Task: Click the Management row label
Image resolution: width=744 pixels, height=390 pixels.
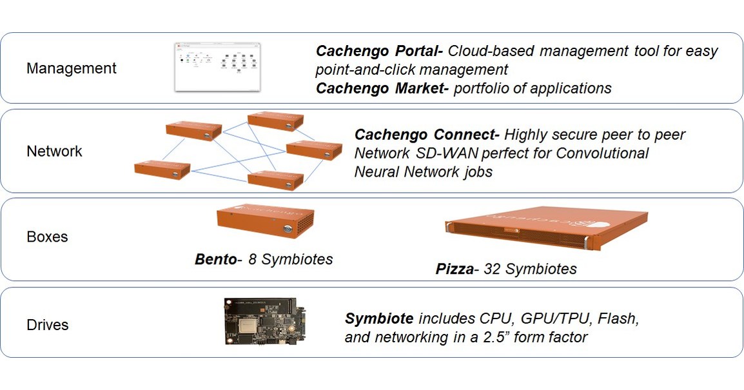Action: tap(71, 68)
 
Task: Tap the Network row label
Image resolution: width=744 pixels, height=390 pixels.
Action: tap(54, 151)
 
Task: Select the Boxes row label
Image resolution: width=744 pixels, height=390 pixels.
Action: tap(47, 237)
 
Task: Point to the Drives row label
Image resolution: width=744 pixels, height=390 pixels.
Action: tap(47, 324)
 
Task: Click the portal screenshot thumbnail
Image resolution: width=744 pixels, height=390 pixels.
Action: tap(218, 66)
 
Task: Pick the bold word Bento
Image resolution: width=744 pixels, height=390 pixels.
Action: tap(215, 260)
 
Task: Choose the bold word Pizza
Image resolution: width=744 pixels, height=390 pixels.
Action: tap(455, 269)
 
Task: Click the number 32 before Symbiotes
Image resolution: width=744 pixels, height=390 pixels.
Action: tap(493, 269)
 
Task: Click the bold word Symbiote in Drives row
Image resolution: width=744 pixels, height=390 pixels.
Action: tap(379, 318)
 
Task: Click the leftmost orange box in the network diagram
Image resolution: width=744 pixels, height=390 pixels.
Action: tap(162, 170)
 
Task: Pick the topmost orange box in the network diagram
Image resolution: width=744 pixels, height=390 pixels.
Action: tap(275, 121)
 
